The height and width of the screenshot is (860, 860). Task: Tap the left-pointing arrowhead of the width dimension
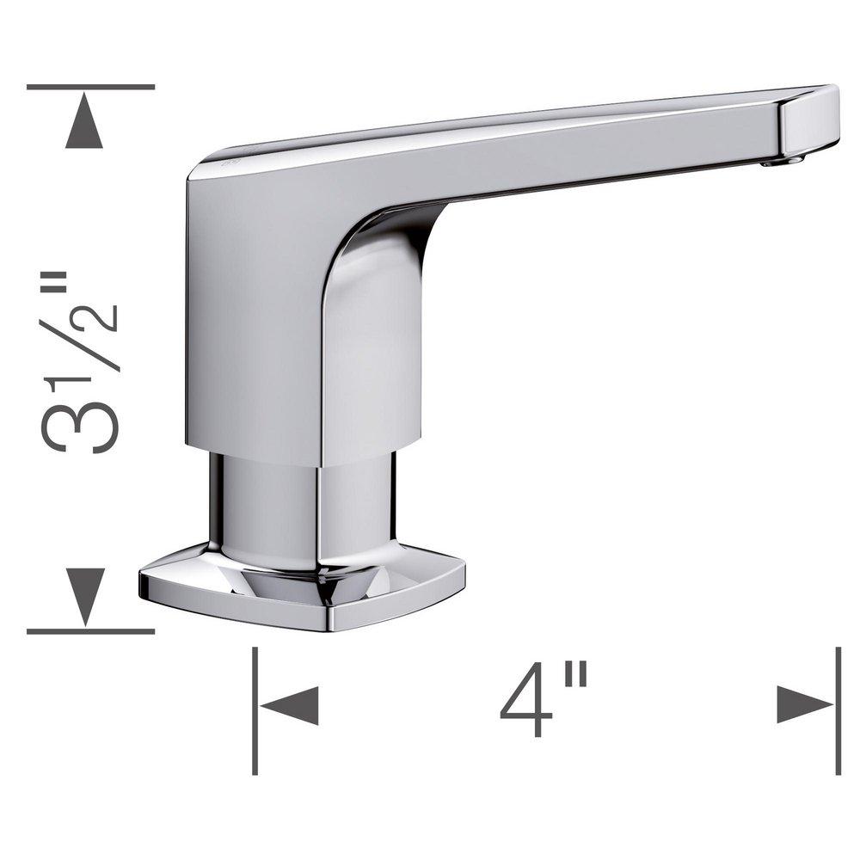pyautogui.click(x=291, y=705)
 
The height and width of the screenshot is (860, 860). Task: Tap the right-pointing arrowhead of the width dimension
pyautogui.click(x=804, y=705)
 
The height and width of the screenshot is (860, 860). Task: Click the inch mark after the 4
pyautogui.click(x=578, y=679)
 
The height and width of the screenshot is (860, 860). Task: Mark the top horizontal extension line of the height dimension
pyautogui.click(x=90, y=87)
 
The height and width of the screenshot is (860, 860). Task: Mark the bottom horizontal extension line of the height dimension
pyautogui.click(x=90, y=631)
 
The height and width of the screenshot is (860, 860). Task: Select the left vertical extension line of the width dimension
pyautogui.click(x=255, y=709)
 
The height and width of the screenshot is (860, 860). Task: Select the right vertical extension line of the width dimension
pyautogui.click(x=838, y=709)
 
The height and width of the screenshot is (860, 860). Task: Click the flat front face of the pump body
pyautogui.click(x=254, y=327)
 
